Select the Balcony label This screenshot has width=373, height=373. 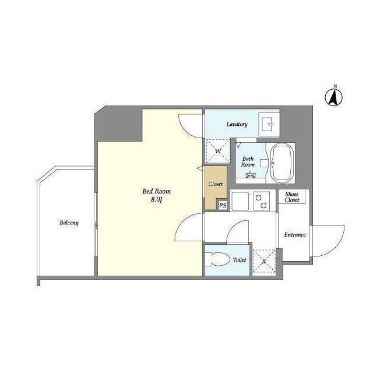[x=68, y=223]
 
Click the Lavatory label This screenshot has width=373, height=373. [x=237, y=124]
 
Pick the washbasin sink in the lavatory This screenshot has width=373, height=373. [x=270, y=124]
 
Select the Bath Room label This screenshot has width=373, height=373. [x=248, y=161]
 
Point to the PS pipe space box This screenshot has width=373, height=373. [x=222, y=205]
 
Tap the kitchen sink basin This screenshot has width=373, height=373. [x=240, y=201]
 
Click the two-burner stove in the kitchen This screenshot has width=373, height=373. [x=262, y=201]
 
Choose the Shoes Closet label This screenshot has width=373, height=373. [x=292, y=197]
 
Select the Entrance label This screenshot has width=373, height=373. [x=294, y=235]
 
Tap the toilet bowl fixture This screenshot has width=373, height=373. [x=220, y=259]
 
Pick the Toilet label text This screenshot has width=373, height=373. [x=240, y=260]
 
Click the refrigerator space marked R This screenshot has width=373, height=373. [x=264, y=262]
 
